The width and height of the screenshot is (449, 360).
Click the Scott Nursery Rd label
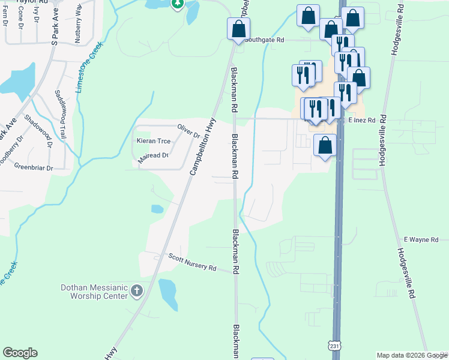(x=192, y=263)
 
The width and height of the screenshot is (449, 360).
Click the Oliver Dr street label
(x=188, y=130)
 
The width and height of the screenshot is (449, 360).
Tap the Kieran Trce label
(x=154, y=142)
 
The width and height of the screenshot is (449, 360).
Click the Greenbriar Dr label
(x=34, y=168)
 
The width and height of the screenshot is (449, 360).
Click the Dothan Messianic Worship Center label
(x=94, y=292)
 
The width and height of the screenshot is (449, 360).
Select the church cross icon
(x=137, y=292)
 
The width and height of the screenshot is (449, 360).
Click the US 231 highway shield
(x=335, y=346)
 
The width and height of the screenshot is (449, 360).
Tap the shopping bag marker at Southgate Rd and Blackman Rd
(x=238, y=28)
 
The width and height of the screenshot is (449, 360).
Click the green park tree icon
(x=177, y=4)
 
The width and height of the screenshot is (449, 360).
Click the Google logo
(x=20, y=353)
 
